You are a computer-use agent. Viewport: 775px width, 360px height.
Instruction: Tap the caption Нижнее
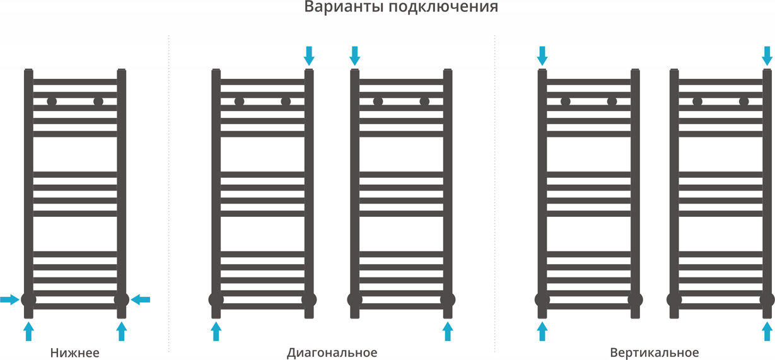tap(74, 352)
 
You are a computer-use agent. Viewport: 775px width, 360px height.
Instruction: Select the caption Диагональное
tap(332, 352)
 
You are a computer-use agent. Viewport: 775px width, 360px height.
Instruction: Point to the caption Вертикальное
tap(654, 352)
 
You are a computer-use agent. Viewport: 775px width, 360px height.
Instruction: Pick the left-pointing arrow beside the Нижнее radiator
tap(141, 299)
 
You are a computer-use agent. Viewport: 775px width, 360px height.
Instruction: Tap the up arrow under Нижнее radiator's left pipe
tap(28, 330)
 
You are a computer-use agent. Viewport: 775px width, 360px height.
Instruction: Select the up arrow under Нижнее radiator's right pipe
tap(122, 330)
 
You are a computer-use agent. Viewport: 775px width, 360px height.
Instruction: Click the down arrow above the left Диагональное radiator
tap(308, 55)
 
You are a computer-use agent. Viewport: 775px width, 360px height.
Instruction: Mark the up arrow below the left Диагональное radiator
tap(216, 330)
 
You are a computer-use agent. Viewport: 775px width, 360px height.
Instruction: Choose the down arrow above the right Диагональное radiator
tap(354, 55)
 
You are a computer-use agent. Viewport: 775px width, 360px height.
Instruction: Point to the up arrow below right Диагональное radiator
tap(448, 330)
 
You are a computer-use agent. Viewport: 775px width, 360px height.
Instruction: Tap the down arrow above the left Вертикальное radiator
tap(542, 55)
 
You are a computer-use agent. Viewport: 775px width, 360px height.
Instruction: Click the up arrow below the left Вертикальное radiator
tap(542, 330)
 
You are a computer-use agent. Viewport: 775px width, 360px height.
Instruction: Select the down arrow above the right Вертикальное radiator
tap(767, 55)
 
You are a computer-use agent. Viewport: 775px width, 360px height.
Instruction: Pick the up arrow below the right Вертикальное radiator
tap(767, 330)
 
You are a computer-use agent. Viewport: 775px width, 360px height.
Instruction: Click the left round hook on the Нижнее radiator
tap(52, 101)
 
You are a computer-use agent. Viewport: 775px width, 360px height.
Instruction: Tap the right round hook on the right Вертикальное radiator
tap(743, 101)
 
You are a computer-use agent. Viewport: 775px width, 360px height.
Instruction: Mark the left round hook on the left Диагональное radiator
tap(239, 101)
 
